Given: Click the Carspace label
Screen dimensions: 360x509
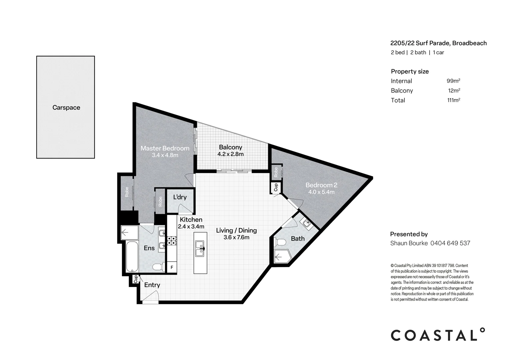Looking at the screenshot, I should tap(66, 108).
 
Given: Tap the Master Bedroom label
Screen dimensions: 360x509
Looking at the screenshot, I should tap(165, 148).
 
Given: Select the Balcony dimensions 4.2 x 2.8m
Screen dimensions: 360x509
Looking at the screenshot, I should tap(231, 154).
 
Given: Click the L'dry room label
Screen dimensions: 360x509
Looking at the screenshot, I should tap(180, 197).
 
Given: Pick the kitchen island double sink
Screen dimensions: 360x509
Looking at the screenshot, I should tap(200, 249).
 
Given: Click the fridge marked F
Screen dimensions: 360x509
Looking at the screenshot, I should tap(172, 267).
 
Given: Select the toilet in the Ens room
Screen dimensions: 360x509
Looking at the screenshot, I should tap(157, 267).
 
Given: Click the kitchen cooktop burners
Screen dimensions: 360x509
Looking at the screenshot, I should tap(172, 240).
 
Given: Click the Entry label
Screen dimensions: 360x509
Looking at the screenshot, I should tap(152, 285).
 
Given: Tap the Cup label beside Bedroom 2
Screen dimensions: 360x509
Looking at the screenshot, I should tap(276, 188).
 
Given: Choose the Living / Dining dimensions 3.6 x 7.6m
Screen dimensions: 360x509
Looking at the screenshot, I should tap(236, 237).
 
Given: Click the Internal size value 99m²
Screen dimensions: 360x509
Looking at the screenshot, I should tap(453, 81).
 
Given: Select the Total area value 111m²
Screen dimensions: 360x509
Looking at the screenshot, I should tap(453, 100).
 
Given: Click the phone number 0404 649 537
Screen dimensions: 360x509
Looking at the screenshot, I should tap(450, 243).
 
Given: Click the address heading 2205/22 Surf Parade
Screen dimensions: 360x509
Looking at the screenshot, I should tap(438, 43).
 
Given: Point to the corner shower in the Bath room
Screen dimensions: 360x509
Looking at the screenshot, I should tap(282, 257).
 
